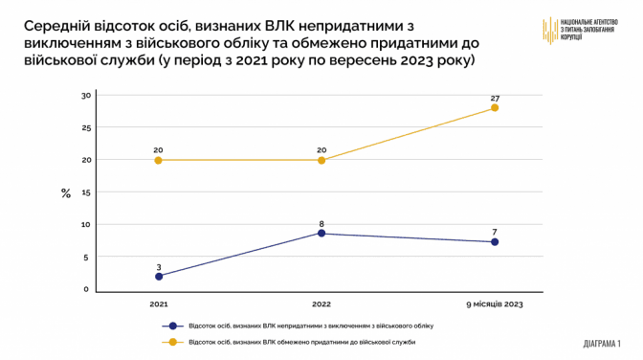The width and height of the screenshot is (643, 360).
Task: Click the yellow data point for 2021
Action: (158, 160)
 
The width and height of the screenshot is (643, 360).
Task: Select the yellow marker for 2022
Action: (321, 160)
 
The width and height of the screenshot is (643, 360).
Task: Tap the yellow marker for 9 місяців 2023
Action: (495, 107)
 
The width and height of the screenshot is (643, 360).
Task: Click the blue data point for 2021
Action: (159, 277)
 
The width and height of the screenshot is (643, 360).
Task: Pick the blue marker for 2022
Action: (321, 234)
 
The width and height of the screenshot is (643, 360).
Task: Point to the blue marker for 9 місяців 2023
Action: (495, 242)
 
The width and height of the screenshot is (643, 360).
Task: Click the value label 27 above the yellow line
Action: (495, 99)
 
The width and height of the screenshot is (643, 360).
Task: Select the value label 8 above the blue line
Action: (321, 224)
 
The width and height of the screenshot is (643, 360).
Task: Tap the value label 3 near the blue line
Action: (159, 267)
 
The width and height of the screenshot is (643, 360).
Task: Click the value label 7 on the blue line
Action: (495, 233)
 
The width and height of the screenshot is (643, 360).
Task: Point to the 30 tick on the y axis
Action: (86, 96)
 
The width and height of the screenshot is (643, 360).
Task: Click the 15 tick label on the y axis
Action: (86, 192)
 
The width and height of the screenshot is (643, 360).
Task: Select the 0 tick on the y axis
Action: (86, 289)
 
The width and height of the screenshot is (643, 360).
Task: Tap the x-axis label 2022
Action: (321, 304)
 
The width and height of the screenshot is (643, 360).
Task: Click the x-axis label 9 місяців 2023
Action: (495, 304)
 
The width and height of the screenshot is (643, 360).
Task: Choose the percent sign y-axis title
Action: (66, 193)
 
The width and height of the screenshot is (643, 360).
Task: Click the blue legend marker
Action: (172, 326)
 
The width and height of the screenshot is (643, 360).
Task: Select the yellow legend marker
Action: (172, 342)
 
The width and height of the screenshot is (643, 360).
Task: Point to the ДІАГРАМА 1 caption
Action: (602, 343)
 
